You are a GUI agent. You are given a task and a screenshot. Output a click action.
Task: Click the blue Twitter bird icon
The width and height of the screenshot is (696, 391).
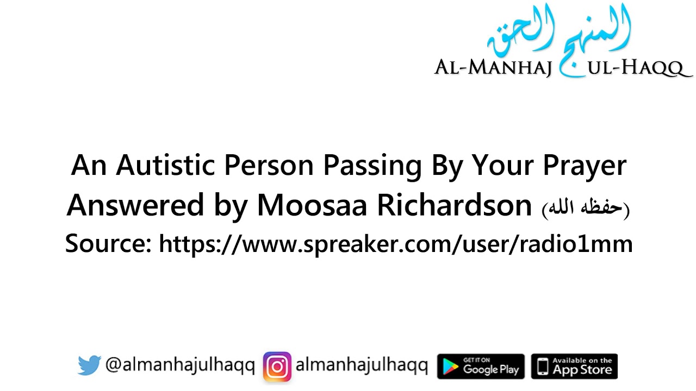[89, 365]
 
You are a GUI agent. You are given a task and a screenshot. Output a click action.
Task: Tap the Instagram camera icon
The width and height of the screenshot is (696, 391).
[277, 367]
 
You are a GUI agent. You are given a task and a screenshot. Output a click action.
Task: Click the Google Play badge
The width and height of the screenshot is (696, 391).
[481, 366]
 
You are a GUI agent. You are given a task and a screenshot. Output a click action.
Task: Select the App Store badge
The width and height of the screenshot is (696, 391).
[574, 366]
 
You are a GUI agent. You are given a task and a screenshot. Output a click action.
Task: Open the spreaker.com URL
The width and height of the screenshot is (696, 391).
[395, 244]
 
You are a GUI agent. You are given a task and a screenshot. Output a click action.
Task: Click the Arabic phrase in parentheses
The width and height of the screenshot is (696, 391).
[585, 209]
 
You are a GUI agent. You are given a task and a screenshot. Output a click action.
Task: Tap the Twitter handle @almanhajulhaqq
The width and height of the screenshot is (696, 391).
[180, 365]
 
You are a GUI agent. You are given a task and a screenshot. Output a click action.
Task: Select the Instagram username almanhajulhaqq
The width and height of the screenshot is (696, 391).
[362, 365]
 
